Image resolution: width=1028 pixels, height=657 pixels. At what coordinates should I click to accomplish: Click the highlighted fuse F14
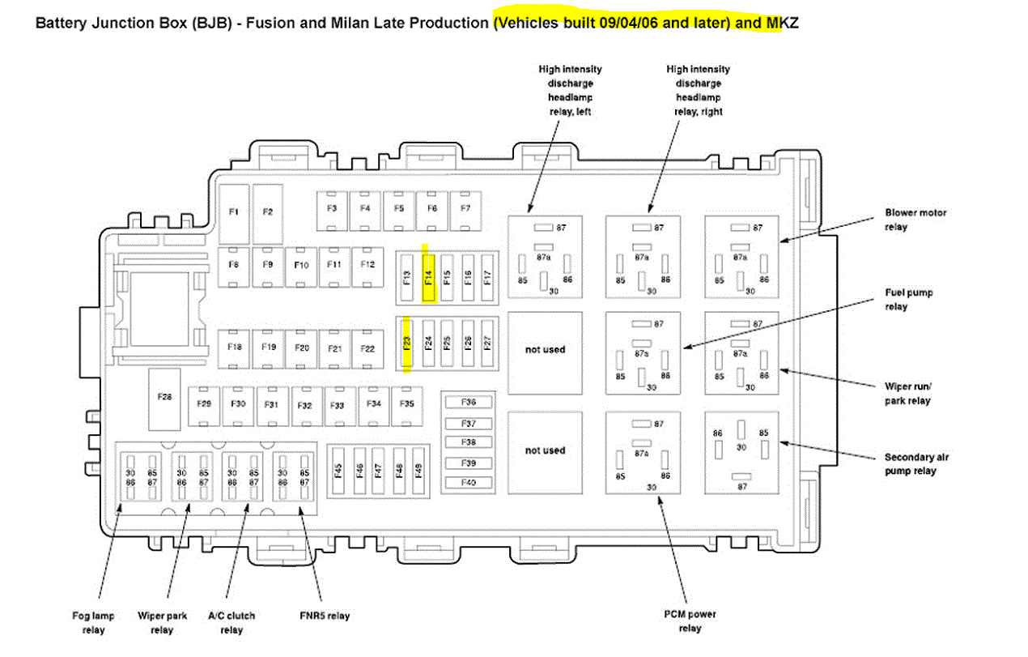point(429,278)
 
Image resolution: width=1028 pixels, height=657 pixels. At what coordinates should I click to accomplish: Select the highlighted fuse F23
point(407,343)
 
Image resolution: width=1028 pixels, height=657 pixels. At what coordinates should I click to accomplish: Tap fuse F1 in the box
point(233,211)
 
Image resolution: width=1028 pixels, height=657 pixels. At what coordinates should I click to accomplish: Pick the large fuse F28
point(165,398)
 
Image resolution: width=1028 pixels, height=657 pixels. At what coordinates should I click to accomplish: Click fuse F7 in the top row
point(465,208)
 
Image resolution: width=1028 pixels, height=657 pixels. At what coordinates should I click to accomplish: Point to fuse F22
point(367,348)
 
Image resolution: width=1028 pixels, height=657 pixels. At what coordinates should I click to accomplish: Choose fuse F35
point(407,403)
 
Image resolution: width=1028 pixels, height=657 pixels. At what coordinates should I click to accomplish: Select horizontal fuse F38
point(469,442)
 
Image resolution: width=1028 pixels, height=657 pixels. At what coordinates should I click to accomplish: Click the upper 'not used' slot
point(545,350)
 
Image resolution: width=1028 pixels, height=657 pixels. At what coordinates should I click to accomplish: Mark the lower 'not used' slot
point(545,450)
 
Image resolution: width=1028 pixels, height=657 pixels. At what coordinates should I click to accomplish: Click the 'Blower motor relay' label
point(915,220)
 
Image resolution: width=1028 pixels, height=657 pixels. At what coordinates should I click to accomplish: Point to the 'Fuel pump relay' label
point(907,300)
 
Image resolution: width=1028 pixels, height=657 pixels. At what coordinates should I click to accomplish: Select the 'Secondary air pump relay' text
point(916,464)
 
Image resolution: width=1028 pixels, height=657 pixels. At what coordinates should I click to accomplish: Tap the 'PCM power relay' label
point(690,621)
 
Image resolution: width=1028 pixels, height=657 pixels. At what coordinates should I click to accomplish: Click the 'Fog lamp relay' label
point(94,623)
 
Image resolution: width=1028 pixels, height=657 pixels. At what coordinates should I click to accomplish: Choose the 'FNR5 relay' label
point(325,616)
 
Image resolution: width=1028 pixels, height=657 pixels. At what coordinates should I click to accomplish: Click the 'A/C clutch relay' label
point(232,623)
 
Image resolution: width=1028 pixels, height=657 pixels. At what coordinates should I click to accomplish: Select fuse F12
point(367,265)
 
